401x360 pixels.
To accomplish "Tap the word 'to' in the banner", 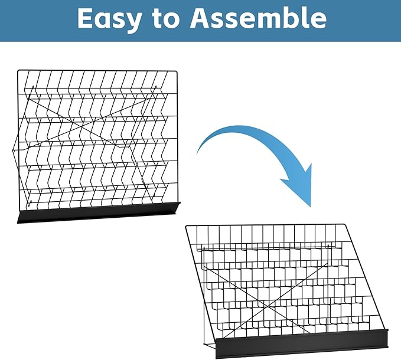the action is pos(165,19).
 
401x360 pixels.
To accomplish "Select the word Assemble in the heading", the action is pos(258,17).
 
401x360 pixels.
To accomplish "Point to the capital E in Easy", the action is pos(84,18).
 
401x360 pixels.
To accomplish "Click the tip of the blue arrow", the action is pos(311,207).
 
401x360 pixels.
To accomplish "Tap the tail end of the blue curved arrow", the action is pos(197,153).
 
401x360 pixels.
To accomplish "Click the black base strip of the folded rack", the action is pos(99,212).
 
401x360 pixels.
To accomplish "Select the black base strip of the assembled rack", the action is pos(302,343).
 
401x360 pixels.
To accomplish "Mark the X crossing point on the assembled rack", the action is pos(267,306).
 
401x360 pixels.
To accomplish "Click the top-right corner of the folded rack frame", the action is pos(176,71).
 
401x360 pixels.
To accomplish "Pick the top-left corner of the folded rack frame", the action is pos(18,70).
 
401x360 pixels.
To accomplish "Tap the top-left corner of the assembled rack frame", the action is pos(186,226).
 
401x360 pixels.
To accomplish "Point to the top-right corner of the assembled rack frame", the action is pos(345,225).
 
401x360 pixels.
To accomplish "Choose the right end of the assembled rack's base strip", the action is pos(388,339).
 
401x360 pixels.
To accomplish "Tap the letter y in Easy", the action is pos(132,23).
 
